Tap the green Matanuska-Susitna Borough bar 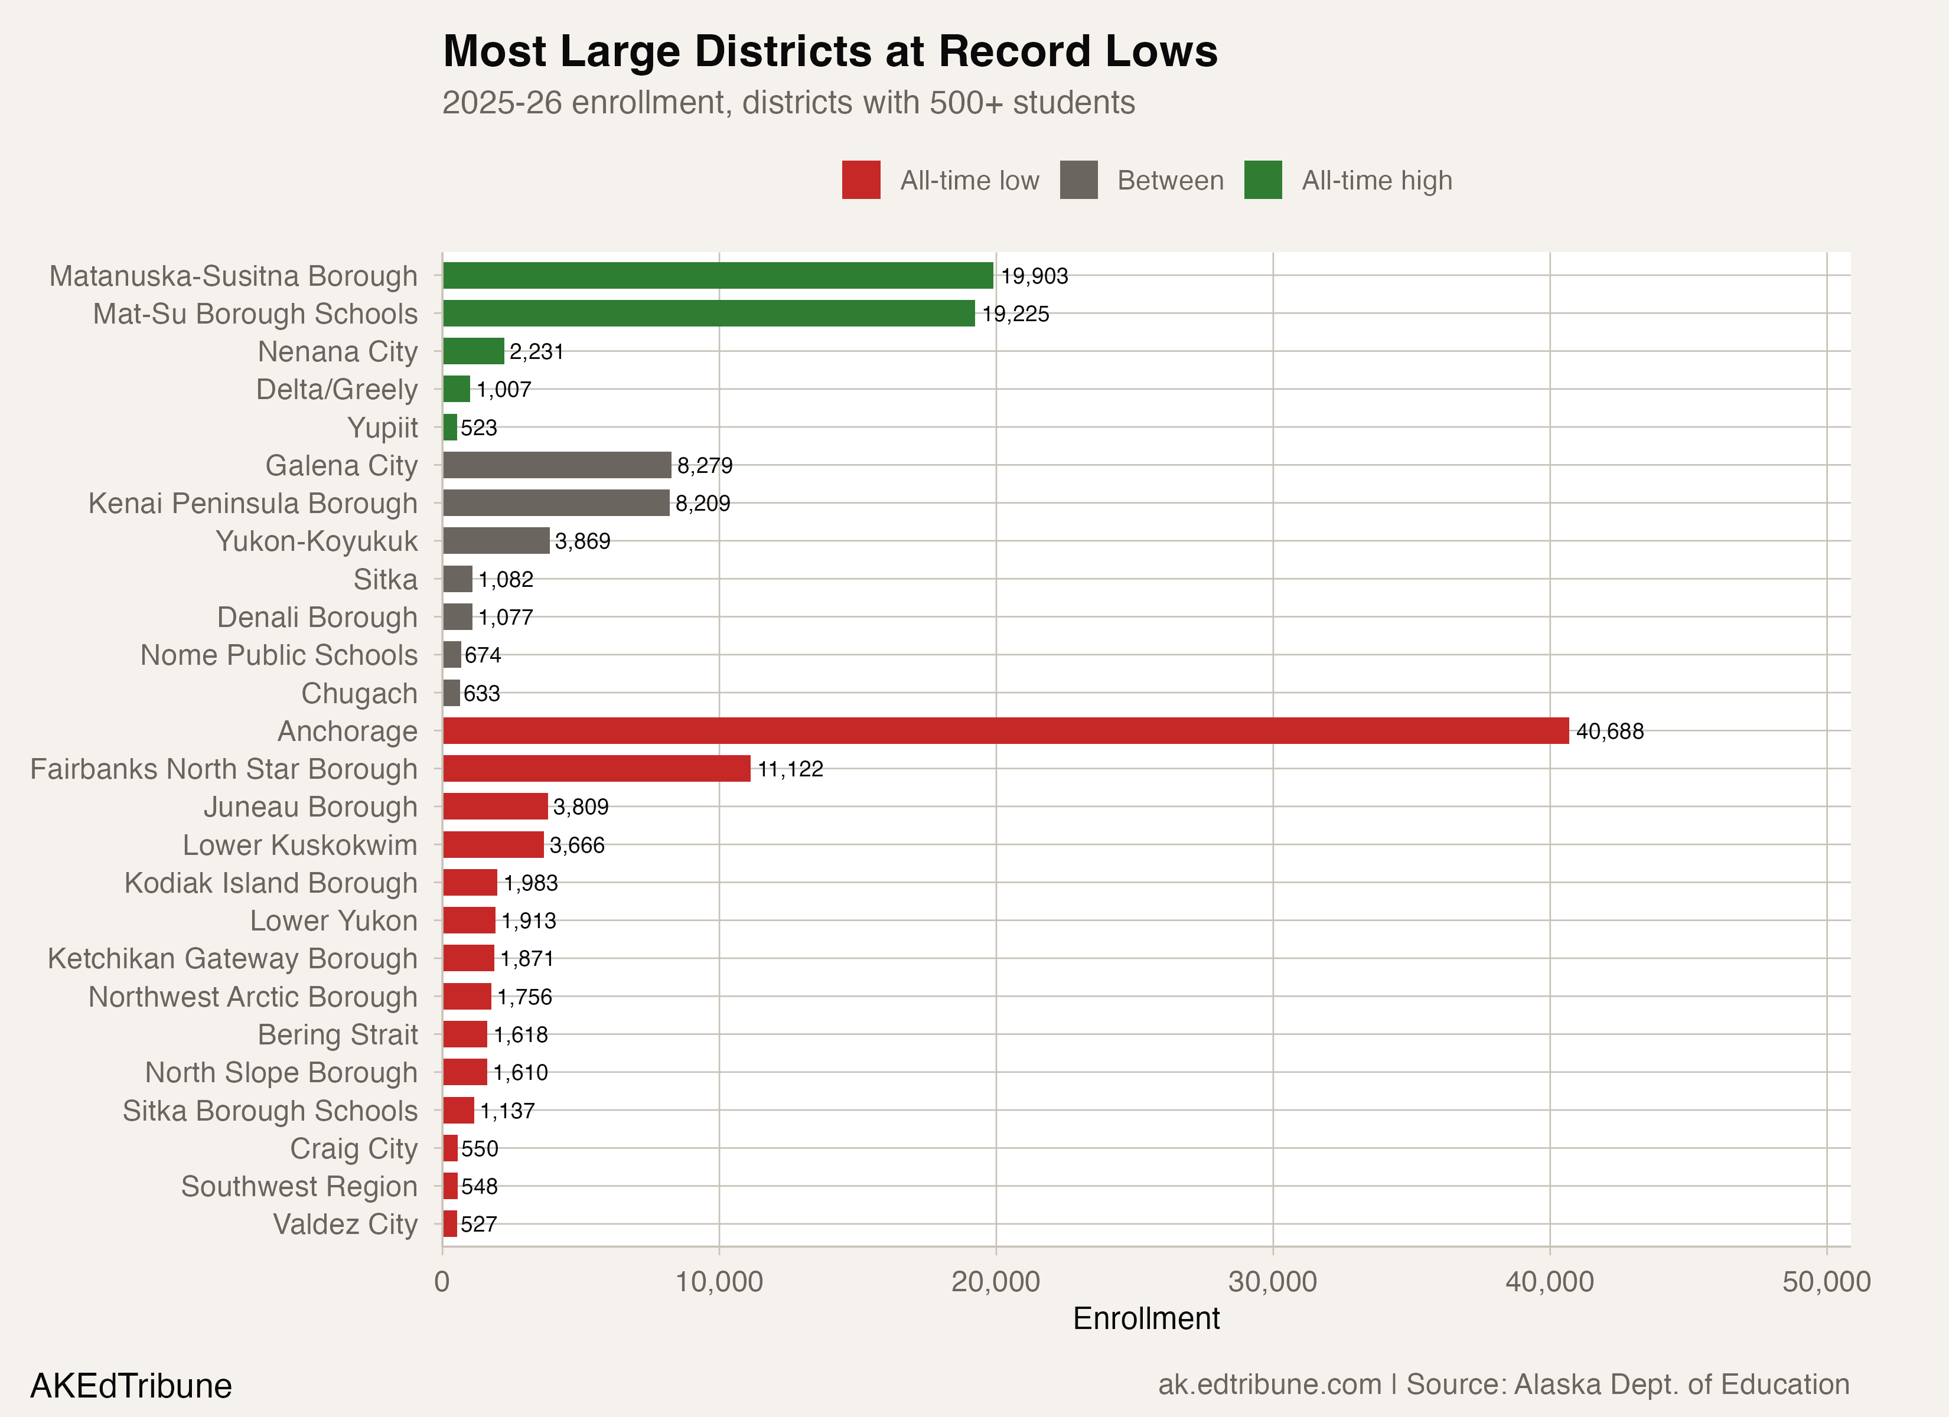(718, 275)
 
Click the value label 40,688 (1609, 732)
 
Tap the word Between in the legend (1171, 181)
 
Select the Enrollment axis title (1146, 1318)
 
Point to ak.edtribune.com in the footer (1269, 1385)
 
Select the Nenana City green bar (472, 351)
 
